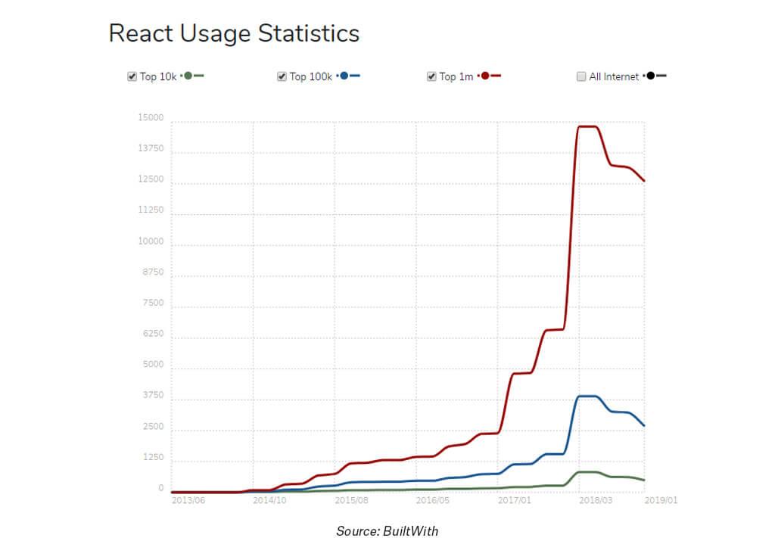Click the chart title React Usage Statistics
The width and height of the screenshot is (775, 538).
pyautogui.click(x=234, y=33)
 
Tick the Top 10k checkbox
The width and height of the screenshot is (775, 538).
pyautogui.click(x=132, y=76)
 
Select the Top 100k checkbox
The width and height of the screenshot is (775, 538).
pyautogui.click(x=282, y=76)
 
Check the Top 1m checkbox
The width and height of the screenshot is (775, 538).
pyautogui.click(x=431, y=76)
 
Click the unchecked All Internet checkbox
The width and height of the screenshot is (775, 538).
pyautogui.click(x=581, y=76)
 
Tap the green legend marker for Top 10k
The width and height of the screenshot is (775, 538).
pyautogui.click(x=188, y=76)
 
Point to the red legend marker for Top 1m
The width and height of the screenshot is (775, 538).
pyautogui.click(x=485, y=76)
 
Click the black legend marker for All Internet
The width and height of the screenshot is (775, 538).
pyautogui.click(x=651, y=76)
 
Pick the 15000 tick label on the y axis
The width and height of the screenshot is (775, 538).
pyautogui.click(x=151, y=118)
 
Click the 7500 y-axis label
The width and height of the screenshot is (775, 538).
pyautogui.click(x=154, y=303)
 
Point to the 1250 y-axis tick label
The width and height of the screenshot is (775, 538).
pyautogui.click(x=154, y=458)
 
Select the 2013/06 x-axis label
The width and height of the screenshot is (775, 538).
pyautogui.click(x=188, y=500)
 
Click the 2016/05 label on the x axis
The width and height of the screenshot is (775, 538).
pyautogui.click(x=433, y=500)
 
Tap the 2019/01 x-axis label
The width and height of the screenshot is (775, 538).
pyautogui.click(x=661, y=500)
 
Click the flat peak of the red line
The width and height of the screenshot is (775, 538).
pyautogui.click(x=588, y=126)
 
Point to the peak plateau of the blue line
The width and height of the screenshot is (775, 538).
pyautogui.click(x=588, y=396)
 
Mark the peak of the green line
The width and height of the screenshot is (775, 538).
pyautogui.click(x=588, y=472)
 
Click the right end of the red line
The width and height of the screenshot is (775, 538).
pyautogui.click(x=643, y=181)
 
